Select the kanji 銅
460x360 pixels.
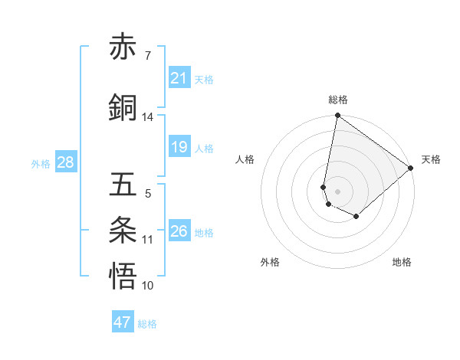pos(123,107)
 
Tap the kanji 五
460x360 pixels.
pos(123,185)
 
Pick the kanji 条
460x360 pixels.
pos(123,231)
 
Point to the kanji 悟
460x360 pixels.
pos(123,277)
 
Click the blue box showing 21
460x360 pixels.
pos(179,78)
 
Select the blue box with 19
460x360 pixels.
pos(179,147)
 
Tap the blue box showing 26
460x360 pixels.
pos(179,231)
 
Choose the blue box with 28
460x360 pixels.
pos(65,162)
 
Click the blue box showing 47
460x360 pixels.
pos(123,322)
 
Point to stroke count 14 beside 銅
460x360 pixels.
pos(147,117)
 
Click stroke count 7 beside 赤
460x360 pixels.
pos(147,56)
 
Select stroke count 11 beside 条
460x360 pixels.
pos(147,240)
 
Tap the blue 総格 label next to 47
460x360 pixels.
pos(147,324)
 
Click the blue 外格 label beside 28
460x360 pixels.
pos(41,163)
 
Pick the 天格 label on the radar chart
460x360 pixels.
pos(431,159)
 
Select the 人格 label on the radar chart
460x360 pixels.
pos(245,159)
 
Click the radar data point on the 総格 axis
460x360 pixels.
pos(337,116)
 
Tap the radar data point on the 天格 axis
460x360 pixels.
pos(411,167)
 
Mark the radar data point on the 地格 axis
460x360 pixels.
pos(356,217)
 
